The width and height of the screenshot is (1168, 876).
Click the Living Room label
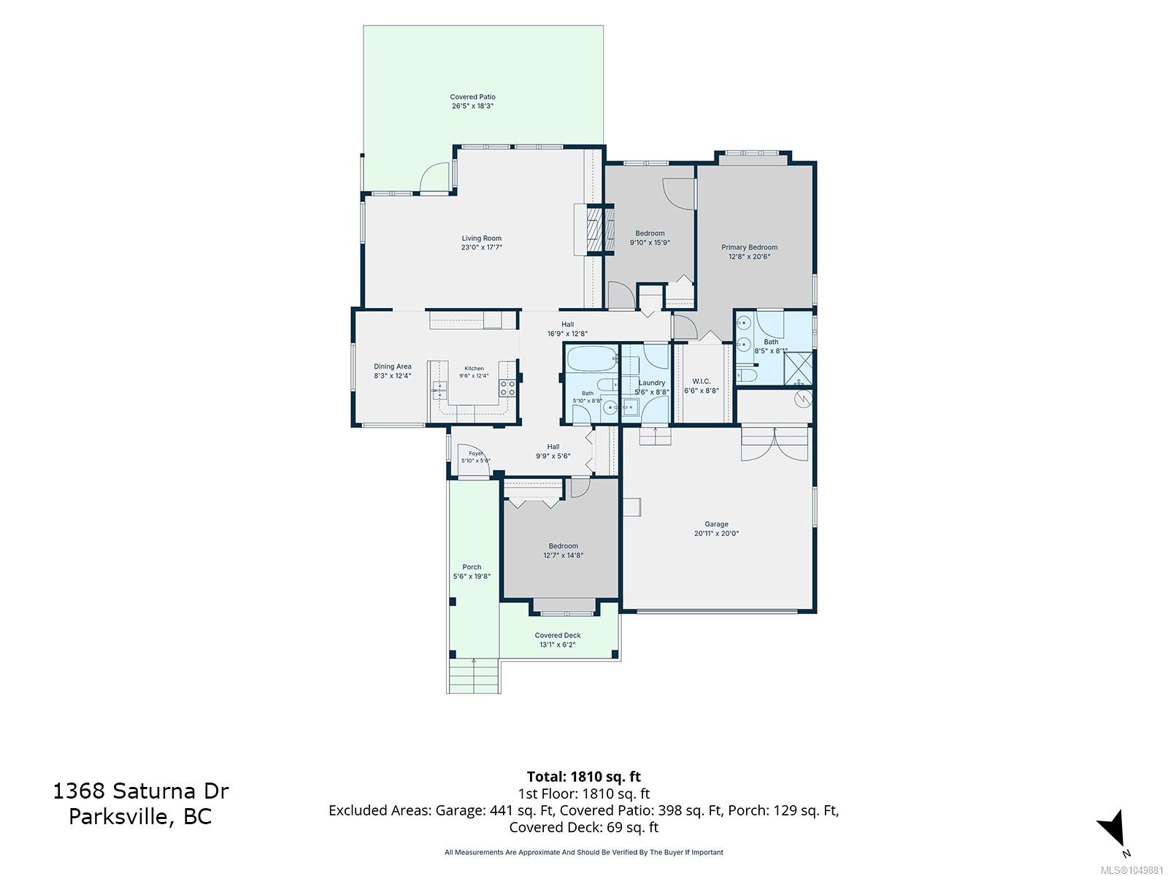(x=482, y=238)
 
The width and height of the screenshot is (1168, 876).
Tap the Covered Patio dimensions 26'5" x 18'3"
(x=472, y=106)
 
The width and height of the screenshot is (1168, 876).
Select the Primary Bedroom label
(x=749, y=247)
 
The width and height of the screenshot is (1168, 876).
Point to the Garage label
(x=716, y=524)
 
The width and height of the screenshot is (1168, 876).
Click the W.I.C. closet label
(x=702, y=381)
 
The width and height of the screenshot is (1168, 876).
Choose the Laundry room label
(x=652, y=383)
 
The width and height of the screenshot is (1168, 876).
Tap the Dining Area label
(x=392, y=366)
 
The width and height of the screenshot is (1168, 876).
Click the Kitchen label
(x=474, y=369)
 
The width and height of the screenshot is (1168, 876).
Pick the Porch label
(x=472, y=567)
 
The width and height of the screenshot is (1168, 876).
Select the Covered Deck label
(x=558, y=635)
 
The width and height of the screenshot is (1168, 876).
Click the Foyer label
(x=476, y=453)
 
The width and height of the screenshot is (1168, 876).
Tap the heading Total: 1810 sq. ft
(x=584, y=777)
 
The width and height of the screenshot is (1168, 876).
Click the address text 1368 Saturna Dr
(x=140, y=791)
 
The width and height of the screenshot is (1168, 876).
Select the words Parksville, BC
(x=140, y=816)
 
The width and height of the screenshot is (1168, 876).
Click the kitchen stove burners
(x=507, y=388)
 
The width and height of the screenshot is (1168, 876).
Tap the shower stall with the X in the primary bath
(x=798, y=369)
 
